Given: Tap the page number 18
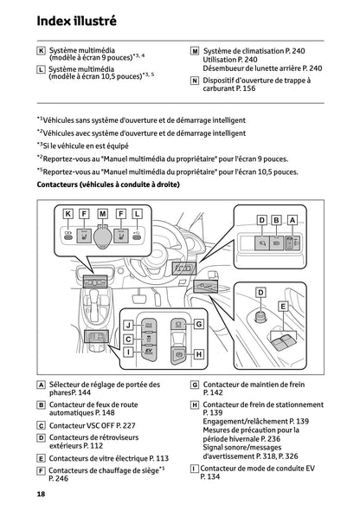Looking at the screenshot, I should [41, 494].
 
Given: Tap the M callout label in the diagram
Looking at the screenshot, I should [102, 212].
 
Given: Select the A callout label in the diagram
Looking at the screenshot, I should [292, 221].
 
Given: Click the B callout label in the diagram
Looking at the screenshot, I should [277, 221].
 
